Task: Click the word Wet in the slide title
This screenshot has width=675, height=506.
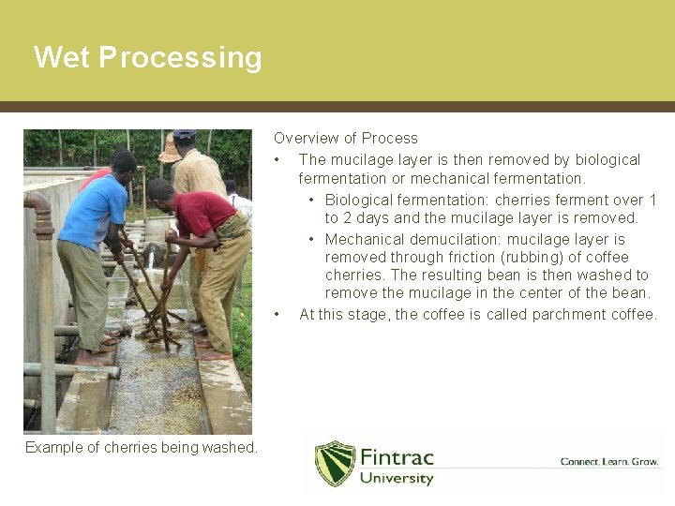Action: click(x=62, y=58)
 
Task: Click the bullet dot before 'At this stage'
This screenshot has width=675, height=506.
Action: click(x=278, y=315)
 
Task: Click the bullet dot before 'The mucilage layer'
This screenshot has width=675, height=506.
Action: click(x=278, y=160)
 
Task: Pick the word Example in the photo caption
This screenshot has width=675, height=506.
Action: click(x=54, y=448)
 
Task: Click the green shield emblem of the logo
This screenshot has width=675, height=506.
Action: click(x=335, y=464)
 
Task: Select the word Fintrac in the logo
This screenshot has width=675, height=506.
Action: click(x=397, y=458)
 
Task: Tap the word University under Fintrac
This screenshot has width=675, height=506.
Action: click(x=397, y=479)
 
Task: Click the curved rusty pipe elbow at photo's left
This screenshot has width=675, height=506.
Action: click(x=38, y=211)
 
